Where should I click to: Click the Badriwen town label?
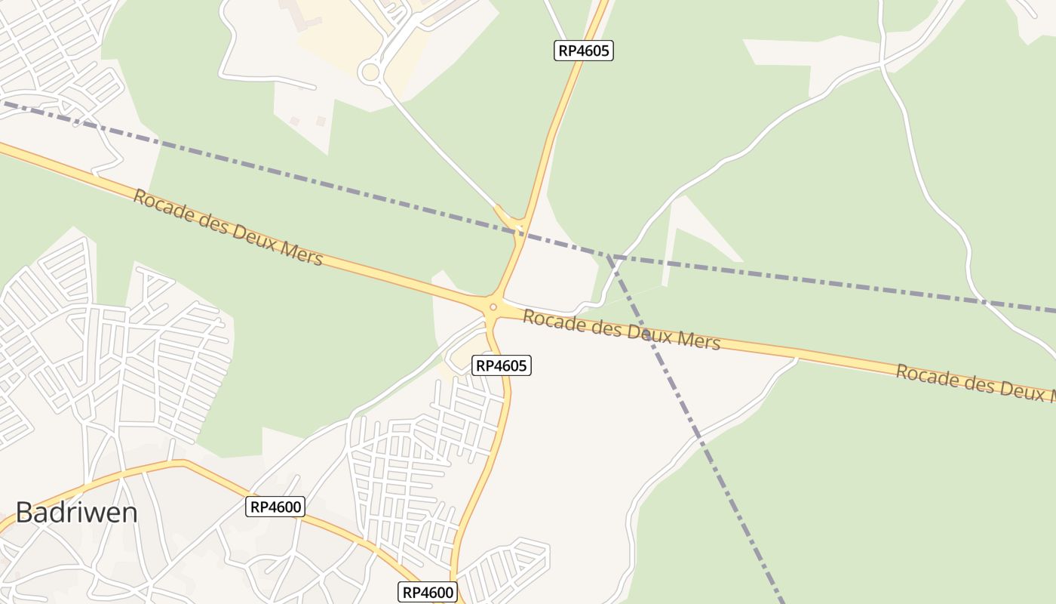point(76,513)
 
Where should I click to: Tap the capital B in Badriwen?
point(23,513)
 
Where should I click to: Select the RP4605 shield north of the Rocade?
point(584,51)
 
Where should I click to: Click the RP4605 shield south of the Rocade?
point(502,366)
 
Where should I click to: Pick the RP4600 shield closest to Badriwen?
point(275,507)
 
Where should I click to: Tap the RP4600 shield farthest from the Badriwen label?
point(428,593)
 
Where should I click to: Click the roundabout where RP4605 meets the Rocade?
point(493,307)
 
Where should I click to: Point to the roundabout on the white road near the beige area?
point(370,72)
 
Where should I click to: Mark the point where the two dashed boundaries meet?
point(609,256)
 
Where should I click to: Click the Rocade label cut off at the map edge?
point(973,381)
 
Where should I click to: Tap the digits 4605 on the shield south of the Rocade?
point(511,366)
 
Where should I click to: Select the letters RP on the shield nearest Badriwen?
point(259,507)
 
